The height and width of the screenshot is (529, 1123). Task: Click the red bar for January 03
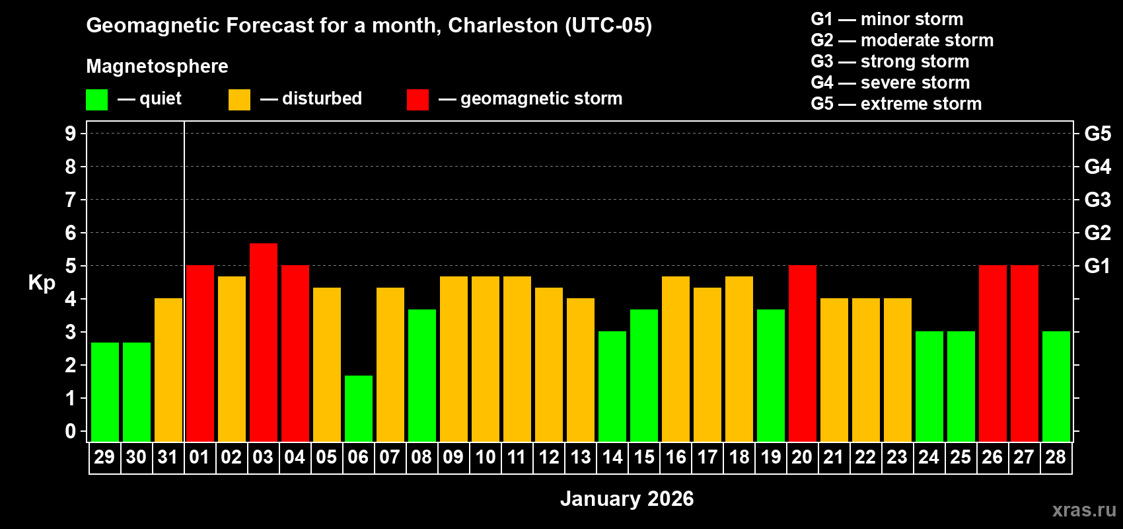(x=263, y=342)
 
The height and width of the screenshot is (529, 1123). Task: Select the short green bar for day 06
(x=358, y=408)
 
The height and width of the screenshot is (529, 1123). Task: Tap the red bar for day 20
(x=802, y=353)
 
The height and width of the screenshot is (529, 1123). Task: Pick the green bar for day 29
(x=104, y=391)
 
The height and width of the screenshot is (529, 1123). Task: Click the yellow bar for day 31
(x=168, y=370)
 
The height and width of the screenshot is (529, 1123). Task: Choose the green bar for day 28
(x=1056, y=386)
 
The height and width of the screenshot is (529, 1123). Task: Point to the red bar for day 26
(x=992, y=353)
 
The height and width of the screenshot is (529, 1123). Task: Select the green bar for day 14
(x=612, y=386)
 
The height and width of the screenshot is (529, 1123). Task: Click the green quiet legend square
(x=96, y=100)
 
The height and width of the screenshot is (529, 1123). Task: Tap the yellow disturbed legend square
(x=239, y=100)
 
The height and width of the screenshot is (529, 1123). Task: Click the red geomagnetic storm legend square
(x=417, y=100)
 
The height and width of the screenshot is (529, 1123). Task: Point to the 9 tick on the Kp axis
(x=71, y=134)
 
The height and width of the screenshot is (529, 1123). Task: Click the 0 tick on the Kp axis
(x=71, y=432)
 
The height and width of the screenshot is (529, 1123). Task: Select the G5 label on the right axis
(x=1097, y=134)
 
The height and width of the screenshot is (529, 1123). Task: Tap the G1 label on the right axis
(x=1097, y=266)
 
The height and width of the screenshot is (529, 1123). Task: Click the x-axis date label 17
(x=707, y=457)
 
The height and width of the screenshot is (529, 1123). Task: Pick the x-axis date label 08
(x=421, y=457)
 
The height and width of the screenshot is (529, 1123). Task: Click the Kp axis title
(x=42, y=283)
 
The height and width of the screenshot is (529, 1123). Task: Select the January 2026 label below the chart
(x=627, y=499)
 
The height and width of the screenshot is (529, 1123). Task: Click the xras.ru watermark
(x=1083, y=510)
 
